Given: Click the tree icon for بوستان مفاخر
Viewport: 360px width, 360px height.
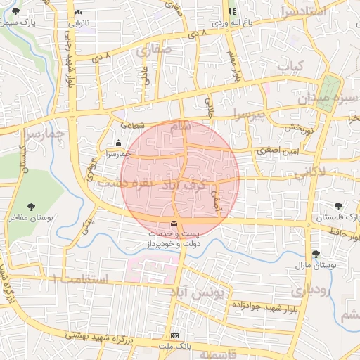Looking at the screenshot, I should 31,206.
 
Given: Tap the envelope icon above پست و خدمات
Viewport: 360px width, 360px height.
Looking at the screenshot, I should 174,224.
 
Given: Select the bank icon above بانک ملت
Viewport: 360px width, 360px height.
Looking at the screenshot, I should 175,336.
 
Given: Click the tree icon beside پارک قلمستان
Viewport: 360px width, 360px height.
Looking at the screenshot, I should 339,206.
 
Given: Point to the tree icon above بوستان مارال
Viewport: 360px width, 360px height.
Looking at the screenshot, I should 315,254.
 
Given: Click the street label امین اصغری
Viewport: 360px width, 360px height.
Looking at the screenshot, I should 278,150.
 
